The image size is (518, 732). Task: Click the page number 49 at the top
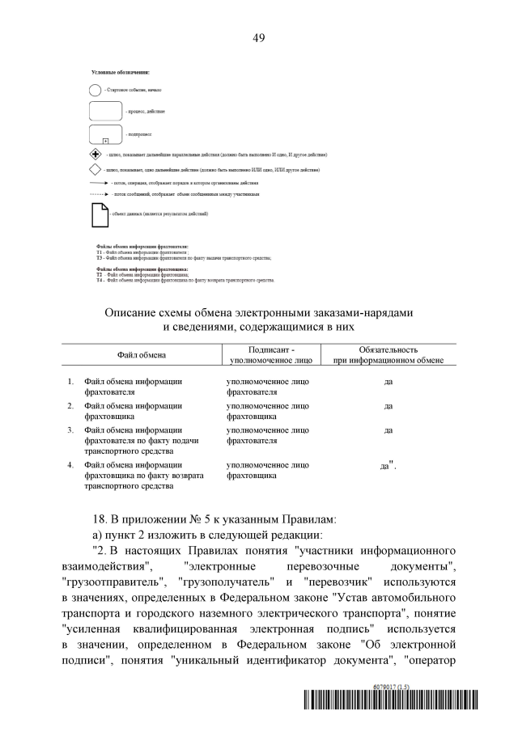point(259,38)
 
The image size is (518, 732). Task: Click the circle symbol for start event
point(95,91)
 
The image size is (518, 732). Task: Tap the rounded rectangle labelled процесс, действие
point(104,110)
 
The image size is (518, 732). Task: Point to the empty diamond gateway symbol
point(95,171)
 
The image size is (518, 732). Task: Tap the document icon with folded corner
point(97,214)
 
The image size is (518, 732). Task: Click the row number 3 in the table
point(70,430)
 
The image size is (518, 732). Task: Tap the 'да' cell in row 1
point(388,382)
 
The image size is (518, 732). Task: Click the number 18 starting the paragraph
point(104,519)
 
